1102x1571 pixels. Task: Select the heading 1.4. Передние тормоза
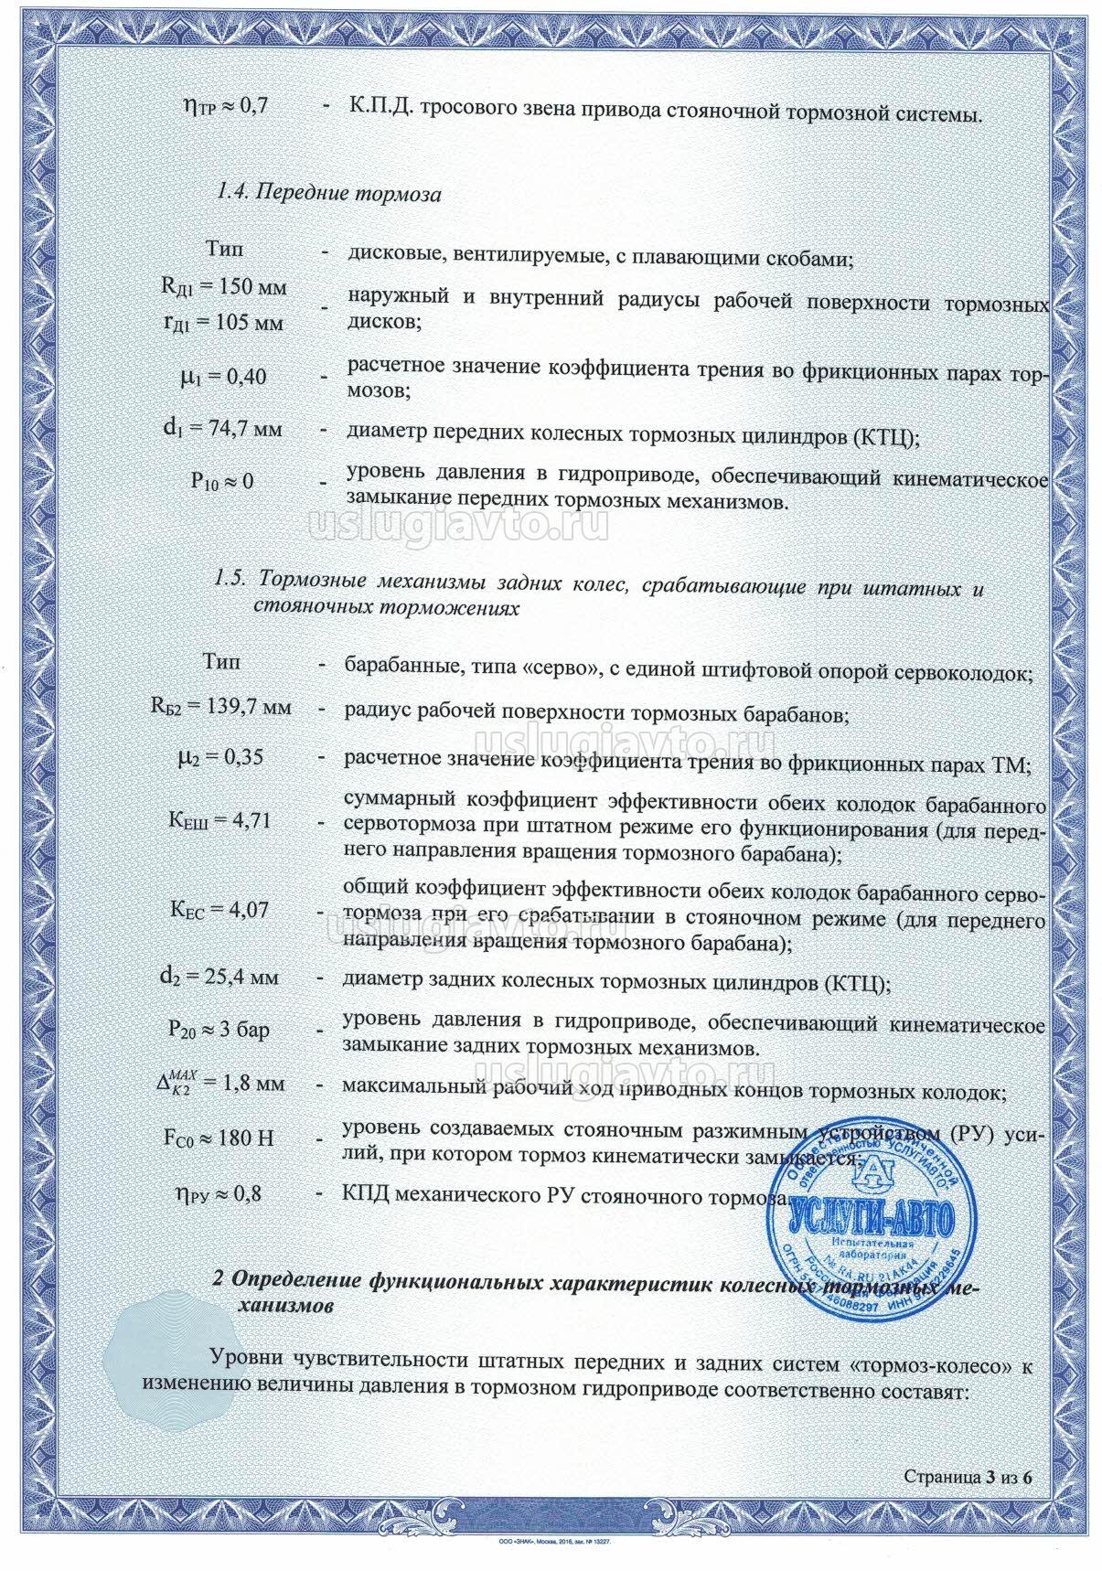(328, 194)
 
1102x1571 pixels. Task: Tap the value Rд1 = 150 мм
(224, 287)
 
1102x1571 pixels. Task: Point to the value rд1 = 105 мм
(224, 323)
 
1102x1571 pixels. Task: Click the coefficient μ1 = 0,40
(225, 376)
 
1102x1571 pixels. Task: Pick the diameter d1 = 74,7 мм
(224, 428)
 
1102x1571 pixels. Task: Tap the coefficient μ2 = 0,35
(224, 757)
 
